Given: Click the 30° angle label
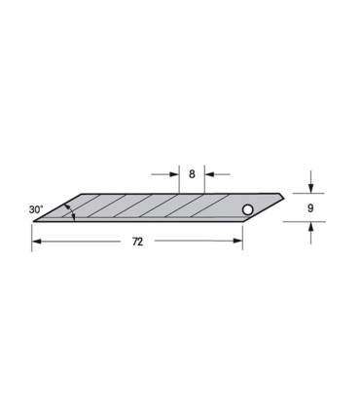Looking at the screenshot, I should (37, 208).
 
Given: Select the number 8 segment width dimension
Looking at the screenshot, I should (192, 175).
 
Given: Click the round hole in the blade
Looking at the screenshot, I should (247, 209).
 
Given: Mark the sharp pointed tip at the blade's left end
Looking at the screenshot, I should (34, 221).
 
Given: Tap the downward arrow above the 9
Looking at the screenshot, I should (309, 187).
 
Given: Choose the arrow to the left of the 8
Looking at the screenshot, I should (174, 175).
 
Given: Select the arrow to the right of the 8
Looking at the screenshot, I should (210, 175).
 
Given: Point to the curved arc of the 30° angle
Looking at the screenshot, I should (68, 212).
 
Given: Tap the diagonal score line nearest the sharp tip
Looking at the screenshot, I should (93, 207).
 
